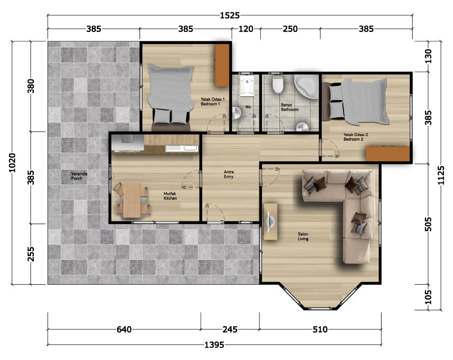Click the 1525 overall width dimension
pos(230,15)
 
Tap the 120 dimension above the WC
pos(246,29)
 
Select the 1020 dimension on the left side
pos(12,163)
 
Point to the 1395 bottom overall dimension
pos(214,344)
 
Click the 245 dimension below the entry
pos(230,329)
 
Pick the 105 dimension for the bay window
pos(429,297)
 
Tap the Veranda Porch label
pos(79,176)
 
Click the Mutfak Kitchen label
pos(170,196)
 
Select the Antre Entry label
pos(228,174)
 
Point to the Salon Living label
pos(303,236)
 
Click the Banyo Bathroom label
pos(289,107)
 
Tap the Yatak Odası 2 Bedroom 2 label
pos(355,137)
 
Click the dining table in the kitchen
pos(132,200)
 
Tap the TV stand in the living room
pos(270,222)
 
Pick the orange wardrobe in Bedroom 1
pos(222,65)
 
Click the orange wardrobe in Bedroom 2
pos(388,154)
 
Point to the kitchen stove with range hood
pos(128,143)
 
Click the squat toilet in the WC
pos(246,86)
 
